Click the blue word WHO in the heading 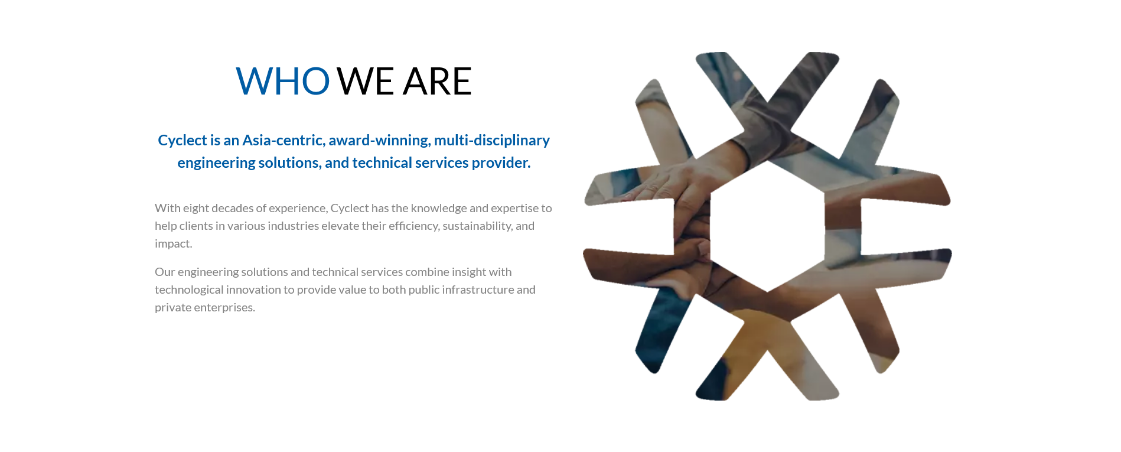point(283,81)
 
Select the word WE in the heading point(365,81)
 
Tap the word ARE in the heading point(437,81)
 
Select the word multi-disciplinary point(492,141)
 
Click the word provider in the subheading point(501,162)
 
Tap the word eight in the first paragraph point(195,208)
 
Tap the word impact point(174,244)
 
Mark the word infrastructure point(478,290)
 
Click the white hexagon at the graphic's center point(767,226)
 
